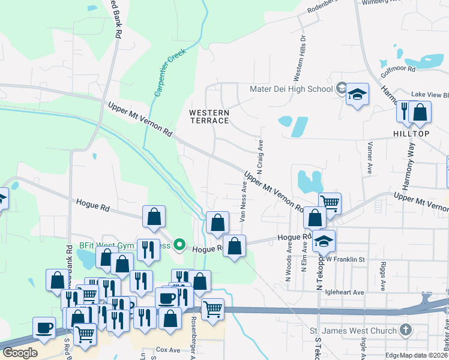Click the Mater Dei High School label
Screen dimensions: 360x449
(291, 89)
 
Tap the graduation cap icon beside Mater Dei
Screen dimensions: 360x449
(357, 94)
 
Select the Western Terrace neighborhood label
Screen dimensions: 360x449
(209, 116)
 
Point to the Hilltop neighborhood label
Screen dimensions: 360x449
(411, 133)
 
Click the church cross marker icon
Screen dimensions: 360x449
(406, 330)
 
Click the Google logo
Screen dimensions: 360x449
(20, 352)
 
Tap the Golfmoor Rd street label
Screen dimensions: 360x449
(398, 70)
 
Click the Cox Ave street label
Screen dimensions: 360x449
(168, 349)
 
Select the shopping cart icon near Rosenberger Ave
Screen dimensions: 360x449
(212, 310)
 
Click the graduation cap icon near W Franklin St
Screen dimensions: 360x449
(324, 241)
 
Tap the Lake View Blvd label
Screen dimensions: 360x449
(430, 95)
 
